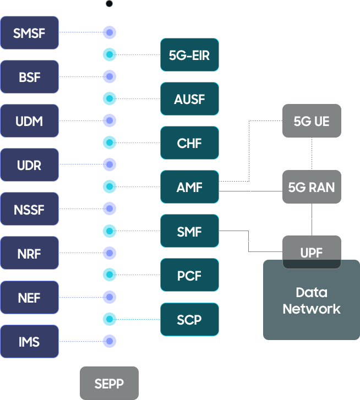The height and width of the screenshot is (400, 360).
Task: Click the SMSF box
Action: click(x=29, y=33)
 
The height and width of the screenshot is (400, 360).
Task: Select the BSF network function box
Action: click(x=29, y=77)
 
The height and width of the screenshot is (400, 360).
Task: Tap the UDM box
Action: click(x=29, y=121)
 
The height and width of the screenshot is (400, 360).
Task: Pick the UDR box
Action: click(x=29, y=165)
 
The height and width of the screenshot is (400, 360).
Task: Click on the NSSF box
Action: click(x=29, y=209)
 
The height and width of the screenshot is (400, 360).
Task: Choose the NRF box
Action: click(x=29, y=254)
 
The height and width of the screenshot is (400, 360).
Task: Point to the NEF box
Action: click(x=29, y=298)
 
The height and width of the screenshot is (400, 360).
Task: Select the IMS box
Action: click(x=29, y=342)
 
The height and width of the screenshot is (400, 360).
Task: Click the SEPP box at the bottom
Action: click(x=109, y=383)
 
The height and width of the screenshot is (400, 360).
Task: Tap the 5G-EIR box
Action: click(x=189, y=55)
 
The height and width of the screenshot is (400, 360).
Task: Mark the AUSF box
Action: click(x=189, y=99)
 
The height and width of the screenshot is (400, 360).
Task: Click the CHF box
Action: click(x=189, y=143)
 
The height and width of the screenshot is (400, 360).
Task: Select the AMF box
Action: click(x=189, y=187)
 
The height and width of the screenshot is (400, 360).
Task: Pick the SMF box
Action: click(x=189, y=232)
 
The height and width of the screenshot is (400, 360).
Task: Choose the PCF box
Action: click(x=189, y=275)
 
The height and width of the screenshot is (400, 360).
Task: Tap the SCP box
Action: click(x=189, y=319)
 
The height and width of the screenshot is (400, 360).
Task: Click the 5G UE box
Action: click(x=311, y=121)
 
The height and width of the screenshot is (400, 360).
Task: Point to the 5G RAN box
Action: click(x=311, y=187)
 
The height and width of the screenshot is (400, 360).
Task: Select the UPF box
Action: click(x=311, y=253)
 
